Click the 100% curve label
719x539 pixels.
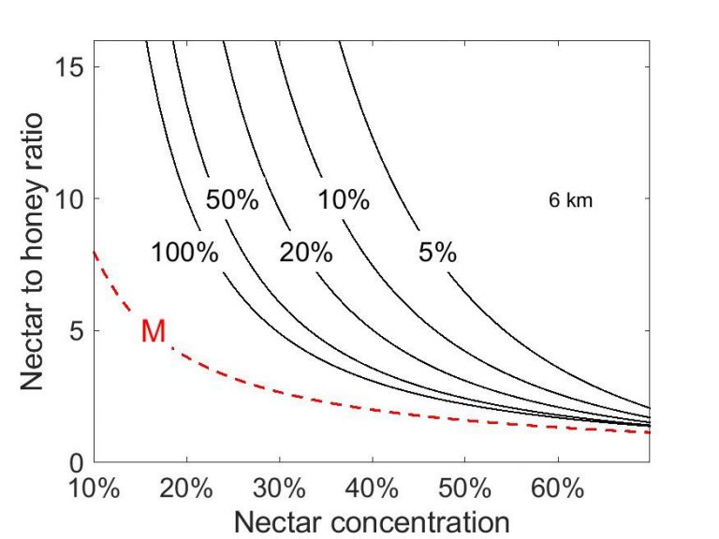[185, 253]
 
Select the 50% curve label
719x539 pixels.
[232, 200]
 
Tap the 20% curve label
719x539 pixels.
[306, 253]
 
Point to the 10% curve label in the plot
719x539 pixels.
[343, 200]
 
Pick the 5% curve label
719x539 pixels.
[437, 253]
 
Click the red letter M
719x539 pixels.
[154, 331]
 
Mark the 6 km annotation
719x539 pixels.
[570, 200]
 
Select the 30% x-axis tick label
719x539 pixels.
[280, 489]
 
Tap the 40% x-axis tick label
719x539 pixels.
[373, 489]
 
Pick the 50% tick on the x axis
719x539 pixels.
[465, 489]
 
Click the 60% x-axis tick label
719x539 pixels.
[558, 489]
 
